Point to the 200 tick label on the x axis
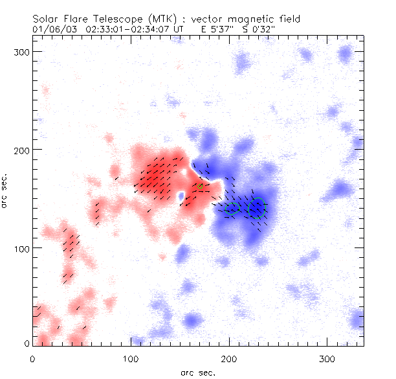[x=229, y=358]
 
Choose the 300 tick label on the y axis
[x=23, y=51]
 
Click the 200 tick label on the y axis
[x=23, y=150]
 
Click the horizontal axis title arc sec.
[x=198, y=372]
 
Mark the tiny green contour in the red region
[x=201, y=187]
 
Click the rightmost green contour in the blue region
[x=258, y=208]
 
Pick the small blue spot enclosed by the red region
[x=180, y=195]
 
